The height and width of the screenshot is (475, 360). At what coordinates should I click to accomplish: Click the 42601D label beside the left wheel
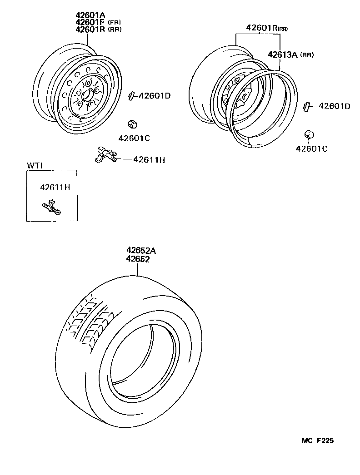pyautogui.click(x=155, y=96)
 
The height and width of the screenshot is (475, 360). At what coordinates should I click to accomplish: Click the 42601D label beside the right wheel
pyautogui.click(x=335, y=106)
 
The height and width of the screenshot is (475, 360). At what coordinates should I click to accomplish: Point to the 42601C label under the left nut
pyautogui.click(x=134, y=138)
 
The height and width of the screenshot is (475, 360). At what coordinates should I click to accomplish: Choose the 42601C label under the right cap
pyautogui.click(x=311, y=148)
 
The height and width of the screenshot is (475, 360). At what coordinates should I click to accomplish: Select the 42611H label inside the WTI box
pyautogui.click(x=55, y=187)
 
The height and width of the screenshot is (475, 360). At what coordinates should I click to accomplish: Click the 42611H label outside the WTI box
pyautogui.click(x=149, y=159)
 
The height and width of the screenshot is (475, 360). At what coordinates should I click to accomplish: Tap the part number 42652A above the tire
pyautogui.click(x=141, y=250)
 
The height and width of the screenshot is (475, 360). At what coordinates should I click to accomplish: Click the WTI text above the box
pyautogui.click(x=34, y=165)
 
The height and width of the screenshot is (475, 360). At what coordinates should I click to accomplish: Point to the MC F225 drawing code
pyautogui.click(x=320, y=440)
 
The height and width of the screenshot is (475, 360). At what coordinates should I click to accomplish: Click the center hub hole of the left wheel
pyautogui.click(x=86, y=95)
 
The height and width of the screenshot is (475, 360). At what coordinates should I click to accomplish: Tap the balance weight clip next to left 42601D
pyautogui.click(x=132, y=95)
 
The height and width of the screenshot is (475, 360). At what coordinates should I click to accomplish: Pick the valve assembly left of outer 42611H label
pyautogui.click(x=106, y=154)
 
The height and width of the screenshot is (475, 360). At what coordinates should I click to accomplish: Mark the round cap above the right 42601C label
pyautogui.click(x=309, y=135)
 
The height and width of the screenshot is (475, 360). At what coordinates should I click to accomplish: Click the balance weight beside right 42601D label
pyautogui.click(x=306, y=106)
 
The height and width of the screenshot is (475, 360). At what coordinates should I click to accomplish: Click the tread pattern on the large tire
pyautogui.click(x=89, y=322)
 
